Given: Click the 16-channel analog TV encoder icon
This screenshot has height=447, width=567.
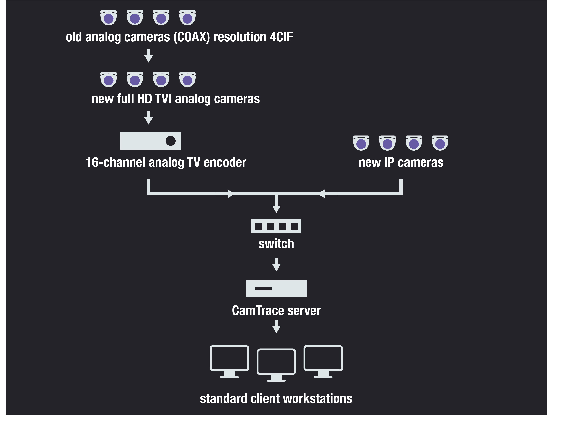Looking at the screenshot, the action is coord(150,141).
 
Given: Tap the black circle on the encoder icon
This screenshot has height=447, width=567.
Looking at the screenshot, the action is coord(171,141).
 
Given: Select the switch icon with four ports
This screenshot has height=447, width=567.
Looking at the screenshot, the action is coord(276,226).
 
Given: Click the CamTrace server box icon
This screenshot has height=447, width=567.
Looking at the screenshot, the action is coord(276,288).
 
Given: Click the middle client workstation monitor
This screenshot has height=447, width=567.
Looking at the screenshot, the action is coord(276,365).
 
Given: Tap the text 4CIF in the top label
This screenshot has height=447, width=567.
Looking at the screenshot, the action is coord(281,37).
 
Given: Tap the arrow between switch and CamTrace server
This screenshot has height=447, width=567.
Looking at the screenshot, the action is coord(276,265).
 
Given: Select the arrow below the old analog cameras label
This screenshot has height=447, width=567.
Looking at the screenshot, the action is coord(149,56).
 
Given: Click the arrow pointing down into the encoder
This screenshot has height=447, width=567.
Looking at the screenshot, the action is coord(149,118).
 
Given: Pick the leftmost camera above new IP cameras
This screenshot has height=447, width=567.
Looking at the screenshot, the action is coord(361,143).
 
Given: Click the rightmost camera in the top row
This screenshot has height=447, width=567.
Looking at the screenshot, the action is coord(187,18).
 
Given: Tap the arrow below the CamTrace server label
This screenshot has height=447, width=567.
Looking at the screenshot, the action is coord(276,327).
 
